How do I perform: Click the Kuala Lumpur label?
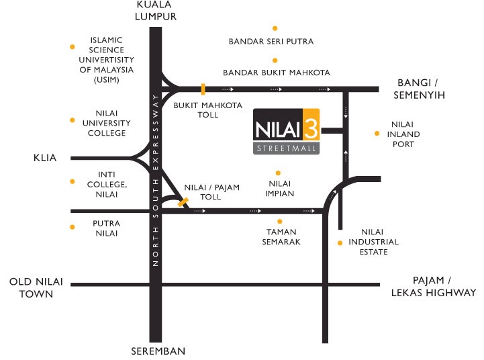(156, 10)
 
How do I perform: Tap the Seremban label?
(158, 351)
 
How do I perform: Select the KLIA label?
(44, 159)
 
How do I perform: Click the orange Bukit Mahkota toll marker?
(203, 89)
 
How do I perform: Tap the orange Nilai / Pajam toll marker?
(183, 201)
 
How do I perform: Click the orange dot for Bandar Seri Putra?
(275, 28)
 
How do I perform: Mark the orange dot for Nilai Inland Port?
(377, 134)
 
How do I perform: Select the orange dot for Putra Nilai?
(72, 227)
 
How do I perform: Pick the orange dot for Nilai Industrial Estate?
(340, 242)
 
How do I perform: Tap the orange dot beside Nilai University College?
(72, 120)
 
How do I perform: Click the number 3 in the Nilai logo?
(310, 126)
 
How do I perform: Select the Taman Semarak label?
(281, 237)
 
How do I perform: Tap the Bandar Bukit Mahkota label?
(277, 73)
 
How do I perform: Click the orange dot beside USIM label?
(72, 46)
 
